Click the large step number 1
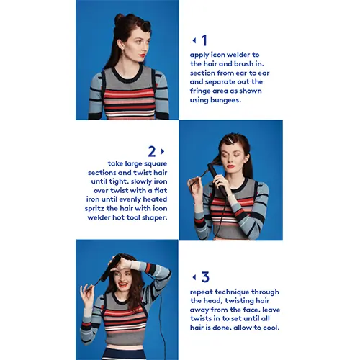tap(204, 40)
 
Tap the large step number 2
tap(152, 151)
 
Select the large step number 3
tap(205, 277)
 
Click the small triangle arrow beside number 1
tap(194, 40)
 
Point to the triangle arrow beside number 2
tap(163, 151)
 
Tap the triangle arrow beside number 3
tap(194, 277)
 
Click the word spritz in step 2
tap(94, 209)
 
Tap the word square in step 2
tap(156, 164)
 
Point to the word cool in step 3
tap(271, 328)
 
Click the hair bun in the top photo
tap(120, 18)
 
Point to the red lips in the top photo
tap(143, 55)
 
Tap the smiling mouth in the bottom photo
tap(123, 284)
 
